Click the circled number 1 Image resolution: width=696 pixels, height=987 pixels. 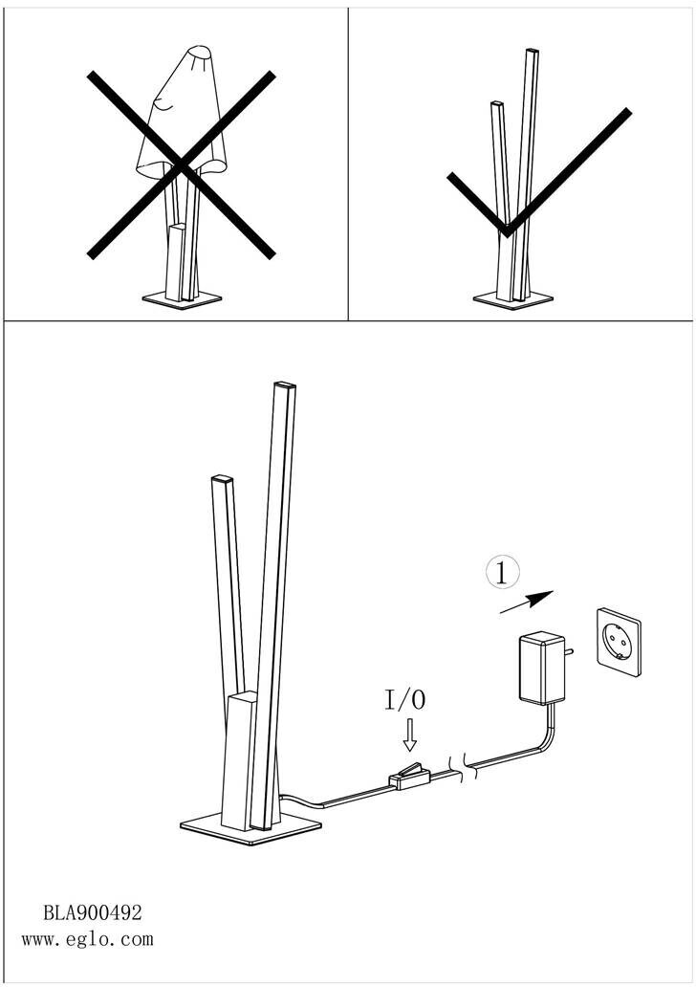click(502, 574)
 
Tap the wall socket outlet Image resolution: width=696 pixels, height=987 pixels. click(618, 641)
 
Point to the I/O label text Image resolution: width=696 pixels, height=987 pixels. click(404, 699)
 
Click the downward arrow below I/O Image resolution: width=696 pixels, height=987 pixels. click(410, 735)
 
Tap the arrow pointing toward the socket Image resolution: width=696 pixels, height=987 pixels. click(527, 602)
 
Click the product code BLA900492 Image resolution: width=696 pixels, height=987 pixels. click(92, 912)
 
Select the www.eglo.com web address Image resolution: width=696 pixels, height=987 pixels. click(87, 939)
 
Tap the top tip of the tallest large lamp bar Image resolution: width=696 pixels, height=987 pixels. click(285, 384)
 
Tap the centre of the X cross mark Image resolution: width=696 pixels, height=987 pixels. click(182, 165)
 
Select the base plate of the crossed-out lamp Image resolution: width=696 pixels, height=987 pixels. click(183, 298)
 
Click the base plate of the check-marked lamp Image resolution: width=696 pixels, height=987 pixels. click(512, 299)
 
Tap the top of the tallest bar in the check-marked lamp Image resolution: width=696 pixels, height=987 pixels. click(532, 51)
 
